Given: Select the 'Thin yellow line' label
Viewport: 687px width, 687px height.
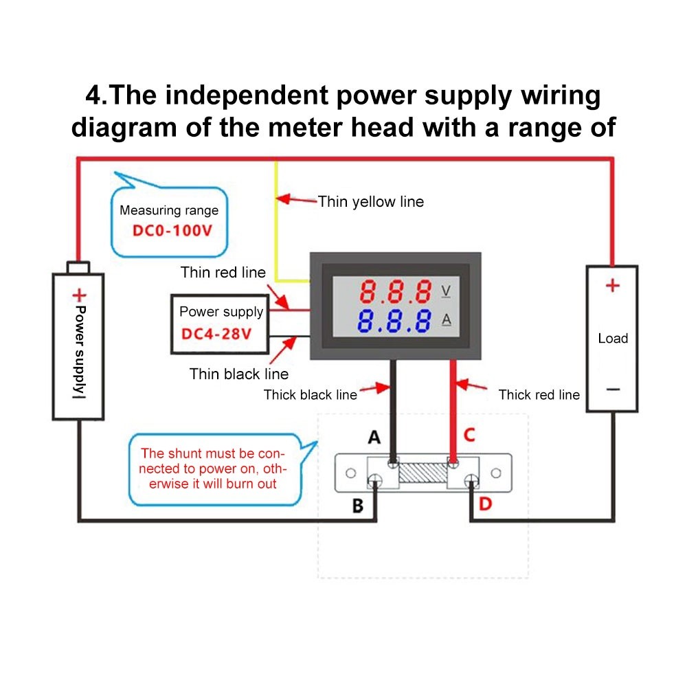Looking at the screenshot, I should coord(371,201).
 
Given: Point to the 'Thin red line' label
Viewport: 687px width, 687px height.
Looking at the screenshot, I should coord(223,272).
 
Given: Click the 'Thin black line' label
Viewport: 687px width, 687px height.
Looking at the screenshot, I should coord(239,374).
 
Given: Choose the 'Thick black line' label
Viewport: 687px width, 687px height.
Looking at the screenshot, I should coord(311,394).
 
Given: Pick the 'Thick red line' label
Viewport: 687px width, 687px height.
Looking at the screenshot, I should coord(539,394).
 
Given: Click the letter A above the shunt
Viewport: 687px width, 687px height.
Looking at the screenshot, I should coord(374,436).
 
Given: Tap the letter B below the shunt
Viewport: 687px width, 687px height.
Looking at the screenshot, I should coord(358,506).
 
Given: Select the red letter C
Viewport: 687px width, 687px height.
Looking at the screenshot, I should coord(469,435).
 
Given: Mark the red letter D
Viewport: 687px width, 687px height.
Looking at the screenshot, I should coord(485,504).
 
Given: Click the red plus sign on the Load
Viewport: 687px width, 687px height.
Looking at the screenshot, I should coord(612,285).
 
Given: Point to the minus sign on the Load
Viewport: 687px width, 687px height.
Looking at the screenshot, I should coord(612,389).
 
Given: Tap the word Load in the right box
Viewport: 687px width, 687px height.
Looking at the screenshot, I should coord(613,338).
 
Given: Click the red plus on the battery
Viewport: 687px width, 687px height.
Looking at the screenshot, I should coord(80,296).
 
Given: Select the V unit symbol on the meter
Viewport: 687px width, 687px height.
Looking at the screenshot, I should coord(446,291).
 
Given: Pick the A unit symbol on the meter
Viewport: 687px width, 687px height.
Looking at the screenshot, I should coord(446,320).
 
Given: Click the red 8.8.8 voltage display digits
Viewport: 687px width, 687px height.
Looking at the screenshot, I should coord(396,292).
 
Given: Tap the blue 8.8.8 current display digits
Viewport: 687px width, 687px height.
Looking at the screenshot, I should coord(396,321).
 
